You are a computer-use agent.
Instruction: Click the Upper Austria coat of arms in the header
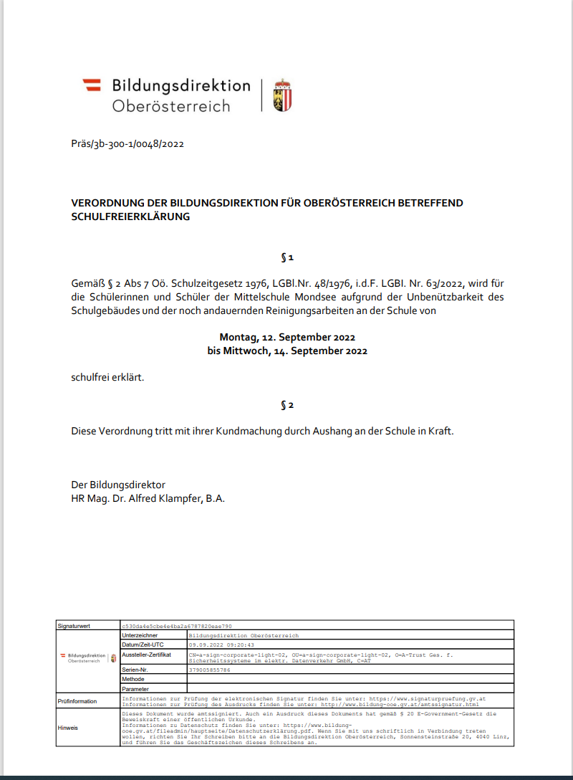283,95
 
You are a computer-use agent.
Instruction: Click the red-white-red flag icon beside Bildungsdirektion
92,85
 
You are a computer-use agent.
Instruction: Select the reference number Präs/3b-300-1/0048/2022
127,143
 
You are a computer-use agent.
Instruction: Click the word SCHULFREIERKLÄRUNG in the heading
130,216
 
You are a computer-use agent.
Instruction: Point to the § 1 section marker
286,257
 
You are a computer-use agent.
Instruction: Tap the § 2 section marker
286,405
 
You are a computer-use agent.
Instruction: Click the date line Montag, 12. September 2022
287,337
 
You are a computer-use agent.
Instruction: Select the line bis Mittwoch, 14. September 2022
287,351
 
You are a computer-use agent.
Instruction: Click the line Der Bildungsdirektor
118,485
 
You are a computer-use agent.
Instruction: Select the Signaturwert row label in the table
74,626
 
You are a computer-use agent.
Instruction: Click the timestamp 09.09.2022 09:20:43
222,645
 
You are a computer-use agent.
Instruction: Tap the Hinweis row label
69,728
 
